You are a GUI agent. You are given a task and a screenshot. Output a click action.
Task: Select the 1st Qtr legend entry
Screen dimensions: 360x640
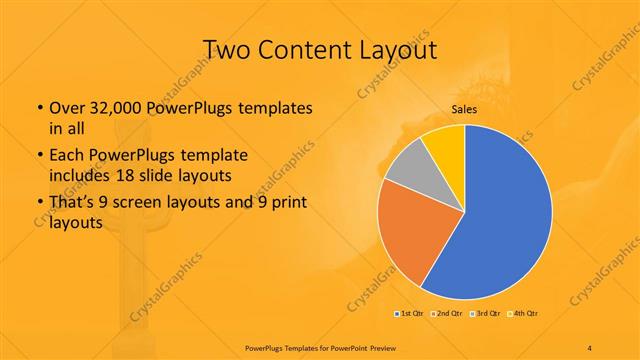click(409, 314)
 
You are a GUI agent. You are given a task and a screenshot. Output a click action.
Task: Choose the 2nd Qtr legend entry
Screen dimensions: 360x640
click(445, 314)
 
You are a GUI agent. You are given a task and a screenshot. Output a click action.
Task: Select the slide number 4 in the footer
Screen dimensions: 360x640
click(591, 346)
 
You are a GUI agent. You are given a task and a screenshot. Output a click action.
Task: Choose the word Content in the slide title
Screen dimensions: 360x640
click(309, 49)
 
